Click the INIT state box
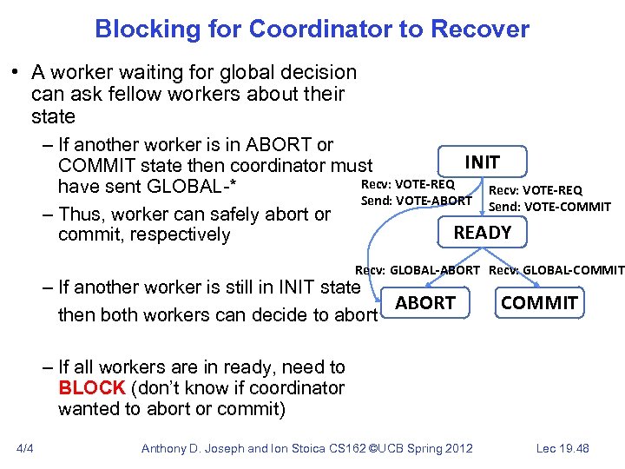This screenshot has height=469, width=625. pyautogui.click(x=483, y=162)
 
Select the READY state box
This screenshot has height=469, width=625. pyautogui.click(x=483, y=232)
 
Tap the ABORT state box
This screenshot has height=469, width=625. pyautogui.click(x=425, y=302)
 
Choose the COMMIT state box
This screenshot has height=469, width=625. pyautogui.click(x=539, y=302)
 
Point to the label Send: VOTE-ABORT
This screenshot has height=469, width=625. pyautogui.click(x=416, y=201)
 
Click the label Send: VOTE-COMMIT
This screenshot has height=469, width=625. pyautogui.click(x=549, y=206)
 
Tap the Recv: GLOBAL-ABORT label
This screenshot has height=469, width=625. pyautogui.click(x=417, y=269)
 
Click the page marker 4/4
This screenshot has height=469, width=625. pyautogui.click(x=24, y=448)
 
